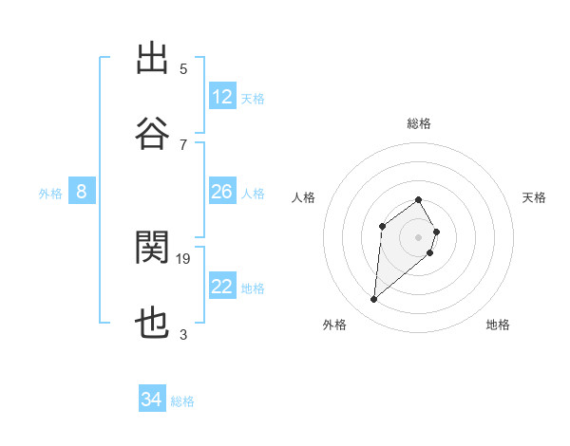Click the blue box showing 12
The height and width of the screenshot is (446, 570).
pyautogui.click(x=222, y=97)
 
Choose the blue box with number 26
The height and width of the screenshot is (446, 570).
pyautogui.click(x=222, y=192)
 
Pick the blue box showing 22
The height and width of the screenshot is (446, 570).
pyautogui.click(x=222, y=287)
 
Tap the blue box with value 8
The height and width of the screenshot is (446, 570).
pyautogui.click(x=82, y=192)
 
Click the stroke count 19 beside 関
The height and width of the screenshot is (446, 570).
pyautogui.click(x=183, y=258)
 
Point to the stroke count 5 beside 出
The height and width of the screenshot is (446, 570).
pyautogui.click(x=183, y=68)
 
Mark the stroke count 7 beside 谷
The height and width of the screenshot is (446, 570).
pyautogui.click(x=183, y=144)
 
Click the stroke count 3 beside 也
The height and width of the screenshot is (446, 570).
pyautogui.click(x=183, y=334)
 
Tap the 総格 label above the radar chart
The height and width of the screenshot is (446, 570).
pyautogui.click(x=419, y=123)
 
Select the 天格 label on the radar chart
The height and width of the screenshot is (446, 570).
pyautogui.click(x=535, y=197)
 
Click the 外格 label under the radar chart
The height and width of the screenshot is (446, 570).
pyautogui.click(x=334, y=325)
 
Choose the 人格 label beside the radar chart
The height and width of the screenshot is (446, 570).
pyautogui.click(x=304, y=197)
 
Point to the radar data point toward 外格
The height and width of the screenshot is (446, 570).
pyautogui.click(x=374, y=300)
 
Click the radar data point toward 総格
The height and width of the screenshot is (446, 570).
pyautogui.click(x=419, y=199)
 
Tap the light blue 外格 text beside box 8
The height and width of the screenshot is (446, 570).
pyautogui.click(x=50, y=193)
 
